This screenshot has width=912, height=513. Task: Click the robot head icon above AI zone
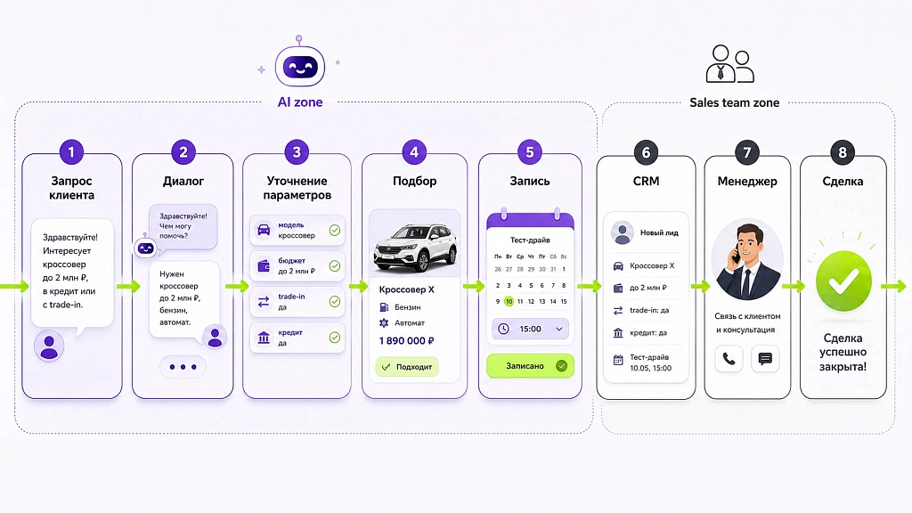coord(299,64)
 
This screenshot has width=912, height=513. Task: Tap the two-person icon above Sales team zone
coord(730,64)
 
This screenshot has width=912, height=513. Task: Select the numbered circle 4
coord(414,152)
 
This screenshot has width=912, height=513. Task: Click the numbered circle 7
coord(747,152)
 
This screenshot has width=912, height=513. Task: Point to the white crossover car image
coord(415,248)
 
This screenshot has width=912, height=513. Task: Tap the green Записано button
coord(530,366)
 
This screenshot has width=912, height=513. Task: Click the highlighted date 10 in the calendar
coord(509,301)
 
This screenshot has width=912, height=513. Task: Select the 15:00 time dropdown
coord(530,329)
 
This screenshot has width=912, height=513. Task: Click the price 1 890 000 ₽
coord(406,341)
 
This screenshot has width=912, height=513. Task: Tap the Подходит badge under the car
coord(406,367)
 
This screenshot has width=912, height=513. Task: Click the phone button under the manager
coord(729,359)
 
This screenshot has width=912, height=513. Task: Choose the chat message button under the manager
coord(765,359)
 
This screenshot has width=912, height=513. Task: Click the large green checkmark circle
coord(843,281)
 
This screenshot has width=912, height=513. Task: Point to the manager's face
coord(747,244)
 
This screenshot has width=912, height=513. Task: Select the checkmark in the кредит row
coord(335,338)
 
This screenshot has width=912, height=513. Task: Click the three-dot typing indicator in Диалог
coord(183,367)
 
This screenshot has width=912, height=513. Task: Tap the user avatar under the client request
coord(49,346)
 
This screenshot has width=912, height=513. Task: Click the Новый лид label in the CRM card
coord(659,232)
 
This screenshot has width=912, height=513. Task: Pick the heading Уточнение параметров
coord(297,188)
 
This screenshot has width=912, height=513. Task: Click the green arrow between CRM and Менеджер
coord(700,286)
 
